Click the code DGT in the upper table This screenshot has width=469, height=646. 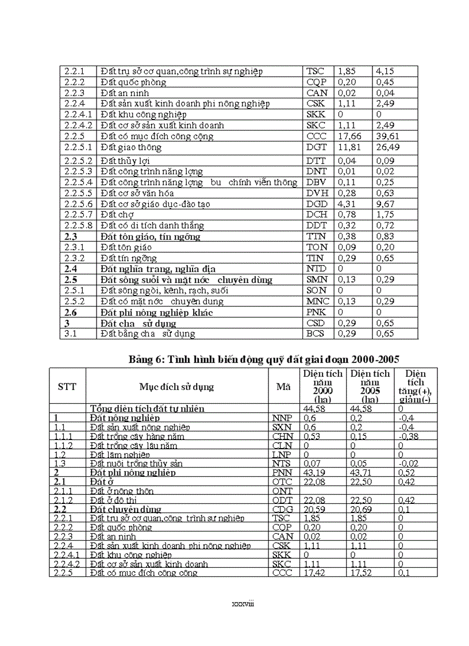[x=316, y=148]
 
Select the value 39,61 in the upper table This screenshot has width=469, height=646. [x=388, y=136]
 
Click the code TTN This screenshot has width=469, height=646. [x=316, y=236]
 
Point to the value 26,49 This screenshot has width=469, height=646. [x=388, y=148]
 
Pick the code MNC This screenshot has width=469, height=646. [x=317, y=301]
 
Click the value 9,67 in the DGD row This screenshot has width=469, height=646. [x=385, y=204]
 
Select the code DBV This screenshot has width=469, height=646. [x=316, y=182]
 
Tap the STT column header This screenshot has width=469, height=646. [x=67, y=387]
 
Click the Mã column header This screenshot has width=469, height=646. [x=283, y=387]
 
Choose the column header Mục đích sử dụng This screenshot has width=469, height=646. [x=176, y=387]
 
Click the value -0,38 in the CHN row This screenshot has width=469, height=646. [x=409, y=436]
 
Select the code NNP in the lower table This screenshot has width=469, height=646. [x=281, y=418]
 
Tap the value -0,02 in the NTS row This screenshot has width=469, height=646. [x=409, y=464]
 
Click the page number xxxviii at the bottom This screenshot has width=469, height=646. [x=242, y=604]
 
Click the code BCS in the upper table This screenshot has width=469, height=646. [x=316, y=334]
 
